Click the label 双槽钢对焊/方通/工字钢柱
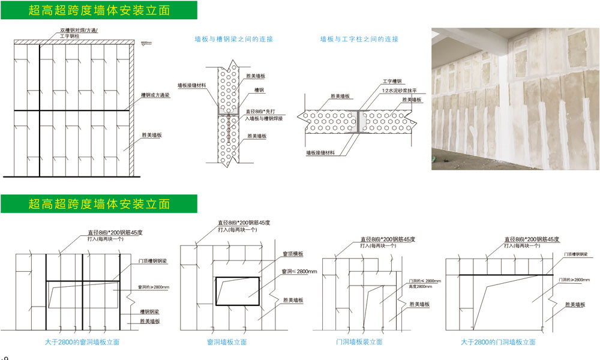pos(79,33)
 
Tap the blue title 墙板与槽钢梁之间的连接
pos(234,39)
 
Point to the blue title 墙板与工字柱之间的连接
pos(359,39)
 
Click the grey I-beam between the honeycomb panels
pos(361,121)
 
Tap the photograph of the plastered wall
pos(515,98)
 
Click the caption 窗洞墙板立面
pos(227,342)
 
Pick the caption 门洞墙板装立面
pos(359,342)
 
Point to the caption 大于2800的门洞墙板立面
pos(499,342)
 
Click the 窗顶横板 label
pos(292,254)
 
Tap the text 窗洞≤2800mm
pos(299,272)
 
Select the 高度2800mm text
pos(419,287)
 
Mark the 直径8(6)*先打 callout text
pos(262,111)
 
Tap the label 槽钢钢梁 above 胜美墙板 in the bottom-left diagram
pos(150,311)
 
